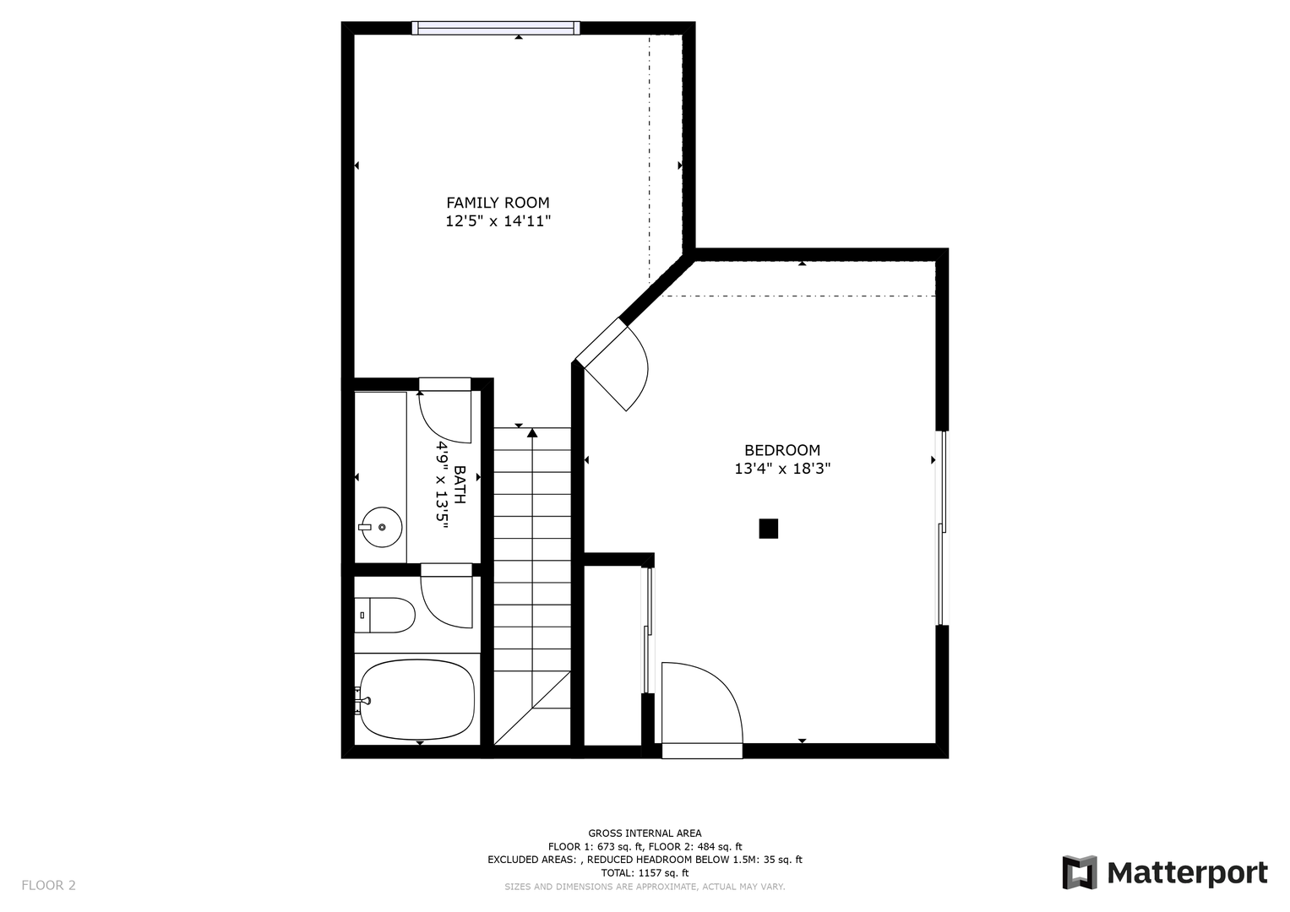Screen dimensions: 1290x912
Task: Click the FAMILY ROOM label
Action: point(498,203)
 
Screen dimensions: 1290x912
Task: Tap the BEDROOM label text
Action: point(782,450)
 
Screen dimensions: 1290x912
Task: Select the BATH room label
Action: point(460,485)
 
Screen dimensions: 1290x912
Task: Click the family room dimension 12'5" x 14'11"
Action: point(498,221)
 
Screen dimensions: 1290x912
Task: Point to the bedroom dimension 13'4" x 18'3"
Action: point(782,469)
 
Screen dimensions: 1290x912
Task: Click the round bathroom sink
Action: point(382,527)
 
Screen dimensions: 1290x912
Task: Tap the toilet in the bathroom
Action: point(384,615)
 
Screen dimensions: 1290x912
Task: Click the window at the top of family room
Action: point(496,28)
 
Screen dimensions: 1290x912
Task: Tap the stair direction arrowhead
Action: point(532,432)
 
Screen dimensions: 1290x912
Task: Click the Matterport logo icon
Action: point(1079,872)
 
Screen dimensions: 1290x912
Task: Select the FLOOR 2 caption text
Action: point(48,885)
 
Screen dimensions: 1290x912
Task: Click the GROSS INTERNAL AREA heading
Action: point(645,833)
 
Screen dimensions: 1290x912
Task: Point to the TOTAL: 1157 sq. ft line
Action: point(645,873)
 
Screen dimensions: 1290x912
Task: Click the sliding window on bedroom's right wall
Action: point(942,528)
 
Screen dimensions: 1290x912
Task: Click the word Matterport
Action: point(1188,873)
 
